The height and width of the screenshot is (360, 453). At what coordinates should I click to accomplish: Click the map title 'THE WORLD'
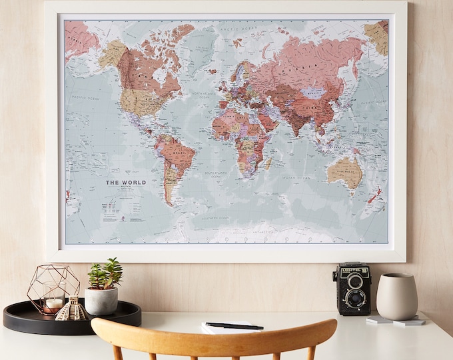126,182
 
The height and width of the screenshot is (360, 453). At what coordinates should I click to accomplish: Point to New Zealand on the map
374,195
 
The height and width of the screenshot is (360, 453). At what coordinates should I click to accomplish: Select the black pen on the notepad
234,326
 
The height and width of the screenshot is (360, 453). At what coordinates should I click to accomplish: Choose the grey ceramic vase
396,296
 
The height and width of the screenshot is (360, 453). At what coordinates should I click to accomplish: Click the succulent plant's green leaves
106,273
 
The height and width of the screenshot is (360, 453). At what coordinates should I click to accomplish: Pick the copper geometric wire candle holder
53,288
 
